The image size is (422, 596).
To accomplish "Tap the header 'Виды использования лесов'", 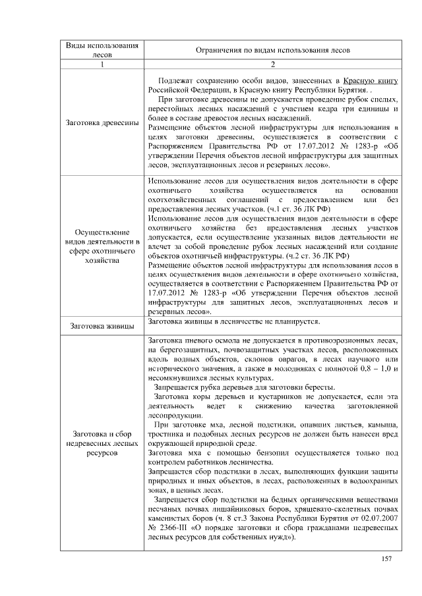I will [x=102, y=51].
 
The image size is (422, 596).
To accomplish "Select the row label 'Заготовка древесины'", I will [x=102, y=123].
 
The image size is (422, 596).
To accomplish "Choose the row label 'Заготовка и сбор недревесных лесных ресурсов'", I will [x=102, y=444].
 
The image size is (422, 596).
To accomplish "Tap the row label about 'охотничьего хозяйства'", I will [x=102, y=246].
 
